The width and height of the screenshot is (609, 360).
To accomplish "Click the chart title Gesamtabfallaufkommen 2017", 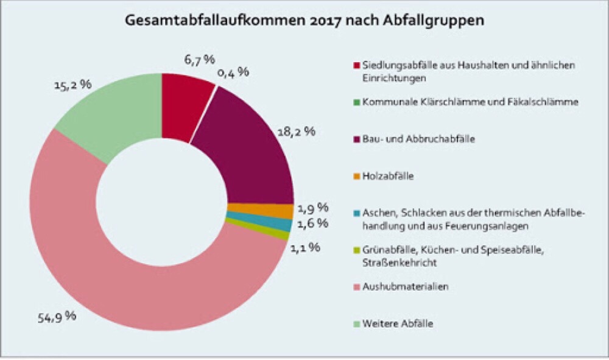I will click(304, 21).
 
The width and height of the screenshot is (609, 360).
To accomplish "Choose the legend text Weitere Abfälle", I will click(397, 323).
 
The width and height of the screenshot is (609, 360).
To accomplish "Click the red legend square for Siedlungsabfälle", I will click(356, 65).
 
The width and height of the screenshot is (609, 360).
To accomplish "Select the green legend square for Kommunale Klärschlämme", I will click(356, 102).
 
